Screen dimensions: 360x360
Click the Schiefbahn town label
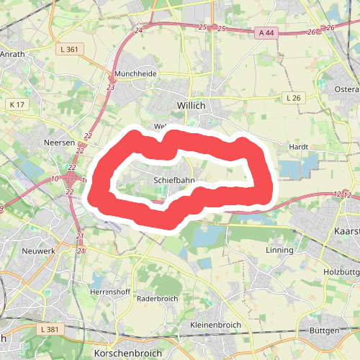pos(174,180)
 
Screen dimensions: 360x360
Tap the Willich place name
pos(191,105)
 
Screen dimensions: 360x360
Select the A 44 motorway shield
pos(266,32)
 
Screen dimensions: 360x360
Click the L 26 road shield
pos(292,97)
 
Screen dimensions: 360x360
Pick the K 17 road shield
pos(17,105)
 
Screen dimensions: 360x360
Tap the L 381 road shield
pos(49,329)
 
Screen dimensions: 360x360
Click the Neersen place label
pos(59,143)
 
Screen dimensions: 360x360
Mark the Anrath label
pos(12,53)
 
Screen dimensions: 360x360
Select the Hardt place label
pos(298,146)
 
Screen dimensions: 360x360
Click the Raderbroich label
pos(156,298)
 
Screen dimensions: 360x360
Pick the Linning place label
pos(280,251)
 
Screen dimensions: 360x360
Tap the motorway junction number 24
pos(138,31)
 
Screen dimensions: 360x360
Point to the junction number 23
pos(110,87)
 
